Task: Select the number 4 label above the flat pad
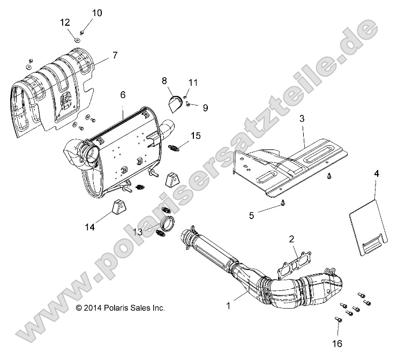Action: (x=376, y=175)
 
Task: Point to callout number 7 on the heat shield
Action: (x=114, y=55)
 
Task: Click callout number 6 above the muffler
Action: (x=123, y=95)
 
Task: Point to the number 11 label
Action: (x=193, y=82)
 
